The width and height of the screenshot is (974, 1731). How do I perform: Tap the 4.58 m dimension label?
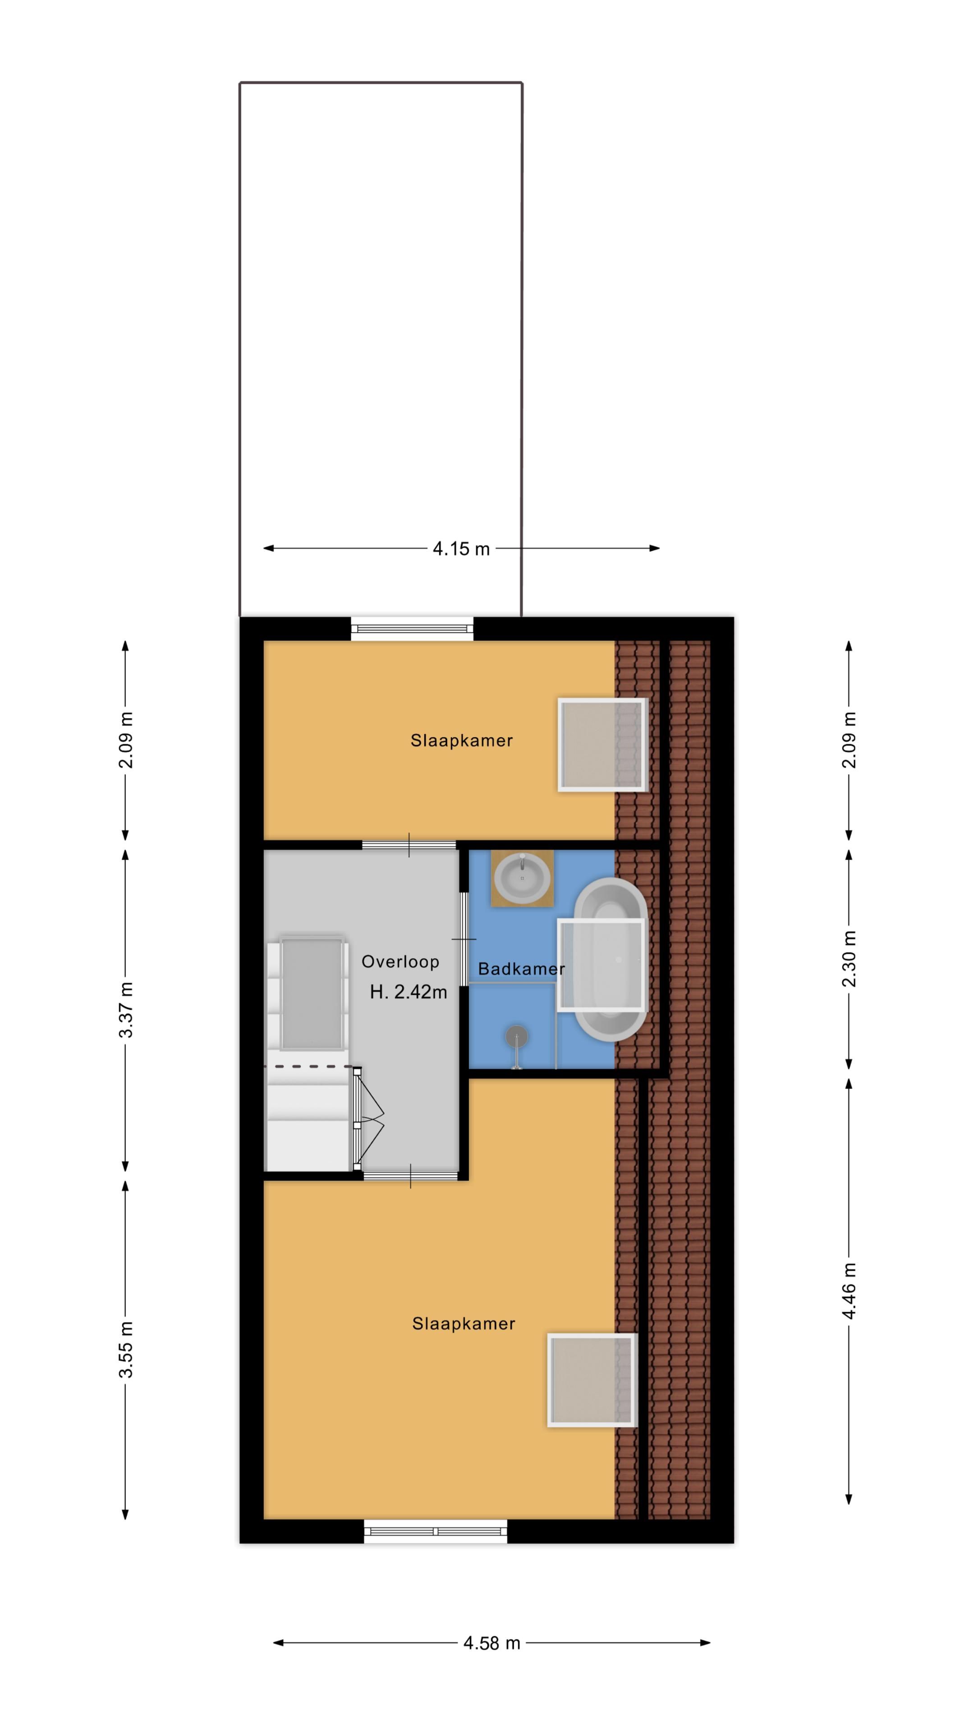pos(492,1643)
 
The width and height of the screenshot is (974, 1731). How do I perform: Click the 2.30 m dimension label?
pos(849,959)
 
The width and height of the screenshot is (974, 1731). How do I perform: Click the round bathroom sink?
pos(522,877)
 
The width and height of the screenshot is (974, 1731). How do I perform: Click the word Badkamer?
pos(521,969)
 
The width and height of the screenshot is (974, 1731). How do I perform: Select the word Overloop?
pos(400,962)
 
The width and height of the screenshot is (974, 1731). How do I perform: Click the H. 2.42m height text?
pos(408,992)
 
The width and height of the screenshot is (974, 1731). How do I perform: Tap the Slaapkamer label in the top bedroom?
pos(462,741)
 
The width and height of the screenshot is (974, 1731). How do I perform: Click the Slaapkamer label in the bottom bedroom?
pos(463,1324)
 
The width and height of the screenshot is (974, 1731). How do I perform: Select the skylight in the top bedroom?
pos(602,745)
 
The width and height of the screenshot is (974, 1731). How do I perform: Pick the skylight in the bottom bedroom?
pos(592,1379)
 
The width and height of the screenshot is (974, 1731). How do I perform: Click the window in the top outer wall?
pos(412,629)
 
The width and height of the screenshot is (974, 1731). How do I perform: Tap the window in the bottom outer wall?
pos(436,1531)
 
